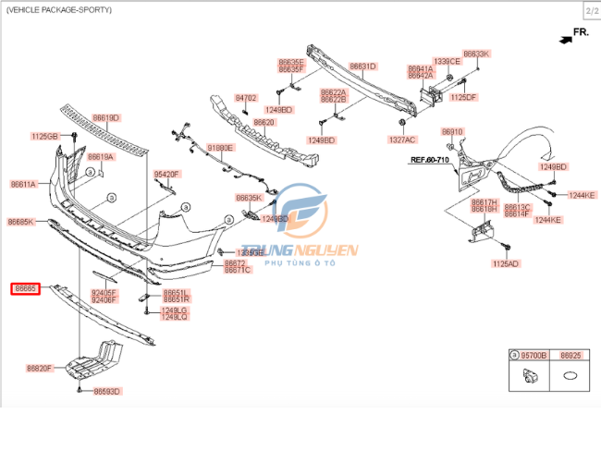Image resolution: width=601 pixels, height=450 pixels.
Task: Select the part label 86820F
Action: click(x=39, y=368)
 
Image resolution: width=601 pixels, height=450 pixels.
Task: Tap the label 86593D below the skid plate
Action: click(x=107, y=391)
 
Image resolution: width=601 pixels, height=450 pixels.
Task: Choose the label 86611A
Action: click(x=23, y=184)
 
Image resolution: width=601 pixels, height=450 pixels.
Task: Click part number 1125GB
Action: click(x=44, y=136)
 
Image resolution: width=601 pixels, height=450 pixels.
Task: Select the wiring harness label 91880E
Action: click(x=220, y=147)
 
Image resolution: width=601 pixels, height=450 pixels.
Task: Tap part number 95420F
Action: click(x=167, y=174)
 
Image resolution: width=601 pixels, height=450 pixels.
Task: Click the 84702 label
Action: click(x=245, y=97)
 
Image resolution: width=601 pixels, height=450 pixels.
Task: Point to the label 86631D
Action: click(x=362, y=67)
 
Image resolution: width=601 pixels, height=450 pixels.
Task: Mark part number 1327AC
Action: click(x=402, y=140)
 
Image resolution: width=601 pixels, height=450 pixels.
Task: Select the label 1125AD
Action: click(x=506, y=263)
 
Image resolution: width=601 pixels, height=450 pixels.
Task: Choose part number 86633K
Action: click(x=476, y=55)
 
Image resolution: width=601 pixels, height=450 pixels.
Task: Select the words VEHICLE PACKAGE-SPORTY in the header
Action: click(x=59, y=9)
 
